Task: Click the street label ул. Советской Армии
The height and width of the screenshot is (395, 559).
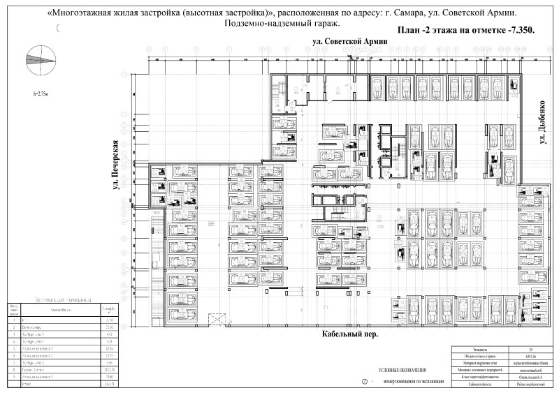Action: (349, 43)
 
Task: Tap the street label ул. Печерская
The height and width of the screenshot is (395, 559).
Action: (109, 171)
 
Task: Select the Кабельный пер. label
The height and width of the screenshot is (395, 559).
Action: (349, 334)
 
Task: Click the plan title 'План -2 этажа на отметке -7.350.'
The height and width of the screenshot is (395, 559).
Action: (465, 30)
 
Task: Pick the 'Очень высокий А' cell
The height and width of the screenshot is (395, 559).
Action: (532, 377)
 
